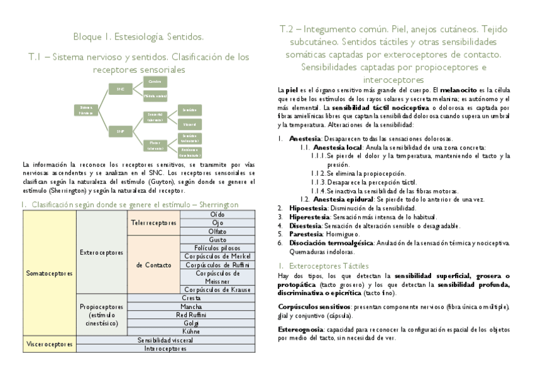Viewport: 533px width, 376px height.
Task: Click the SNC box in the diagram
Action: pos(121,89)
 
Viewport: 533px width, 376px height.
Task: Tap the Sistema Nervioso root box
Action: pos(86,110)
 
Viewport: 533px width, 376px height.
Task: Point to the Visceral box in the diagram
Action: pos(189,124)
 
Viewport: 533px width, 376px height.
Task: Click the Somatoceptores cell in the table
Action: pos(50,274)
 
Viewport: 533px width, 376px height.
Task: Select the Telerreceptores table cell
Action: pos(154,223)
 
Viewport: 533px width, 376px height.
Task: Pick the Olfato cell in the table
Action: pos(217,232)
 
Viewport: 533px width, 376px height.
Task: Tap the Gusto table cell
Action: pos(217,240)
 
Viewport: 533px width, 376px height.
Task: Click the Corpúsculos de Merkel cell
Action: pos(217,256)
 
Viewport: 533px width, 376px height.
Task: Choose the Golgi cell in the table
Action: pos(191,322)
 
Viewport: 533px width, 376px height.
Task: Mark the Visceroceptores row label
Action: pos(50,344)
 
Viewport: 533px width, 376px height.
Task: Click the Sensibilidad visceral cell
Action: pos(166,340)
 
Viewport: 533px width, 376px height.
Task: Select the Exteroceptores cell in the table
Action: pos(101,252)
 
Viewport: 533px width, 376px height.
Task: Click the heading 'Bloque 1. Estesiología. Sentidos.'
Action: pos(138,37)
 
